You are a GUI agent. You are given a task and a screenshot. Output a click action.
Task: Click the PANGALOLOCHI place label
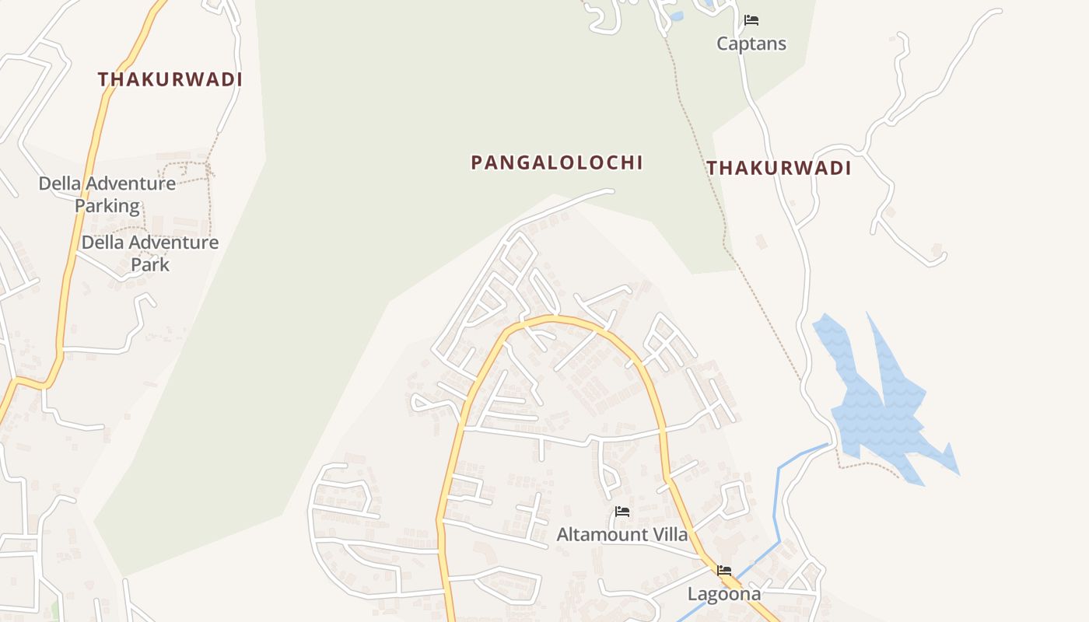(x=557, y=162)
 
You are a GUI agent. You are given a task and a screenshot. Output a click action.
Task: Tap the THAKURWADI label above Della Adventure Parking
(x=170, y=79)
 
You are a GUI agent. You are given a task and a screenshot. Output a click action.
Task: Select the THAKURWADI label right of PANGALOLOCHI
(x=779, y=168)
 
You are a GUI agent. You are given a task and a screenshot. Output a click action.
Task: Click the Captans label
(x=751, y=44)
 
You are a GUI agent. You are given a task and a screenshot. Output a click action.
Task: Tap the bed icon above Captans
(x=751, y=20)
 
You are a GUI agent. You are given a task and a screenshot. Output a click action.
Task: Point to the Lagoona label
(x=724, y=594)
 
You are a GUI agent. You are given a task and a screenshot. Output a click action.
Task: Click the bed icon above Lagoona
(x=724, y=571)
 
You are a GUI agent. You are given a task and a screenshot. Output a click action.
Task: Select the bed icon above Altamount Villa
(x=622, y=512)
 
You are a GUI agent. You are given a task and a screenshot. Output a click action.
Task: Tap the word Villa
(x=669, y=535)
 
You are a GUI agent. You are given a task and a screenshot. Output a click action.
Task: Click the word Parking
(x=107, y=206)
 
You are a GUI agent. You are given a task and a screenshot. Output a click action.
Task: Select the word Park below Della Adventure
(x=150, y=264)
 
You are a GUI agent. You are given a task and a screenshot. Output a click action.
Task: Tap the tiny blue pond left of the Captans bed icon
(x=676, y=16)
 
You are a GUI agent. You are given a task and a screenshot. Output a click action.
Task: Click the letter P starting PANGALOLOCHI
(x=477, y=163)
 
